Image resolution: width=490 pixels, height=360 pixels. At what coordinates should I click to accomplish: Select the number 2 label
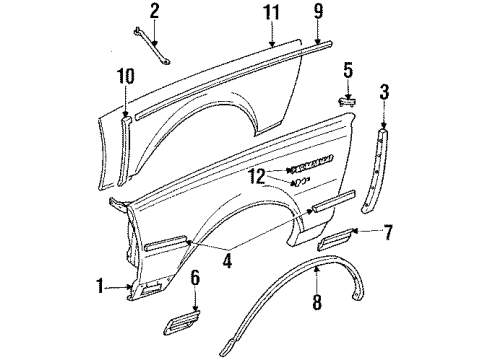point(155,12)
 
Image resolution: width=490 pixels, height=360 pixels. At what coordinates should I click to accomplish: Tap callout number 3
point(385,94)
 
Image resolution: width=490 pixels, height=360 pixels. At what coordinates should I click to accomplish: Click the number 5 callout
point(349,70)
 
